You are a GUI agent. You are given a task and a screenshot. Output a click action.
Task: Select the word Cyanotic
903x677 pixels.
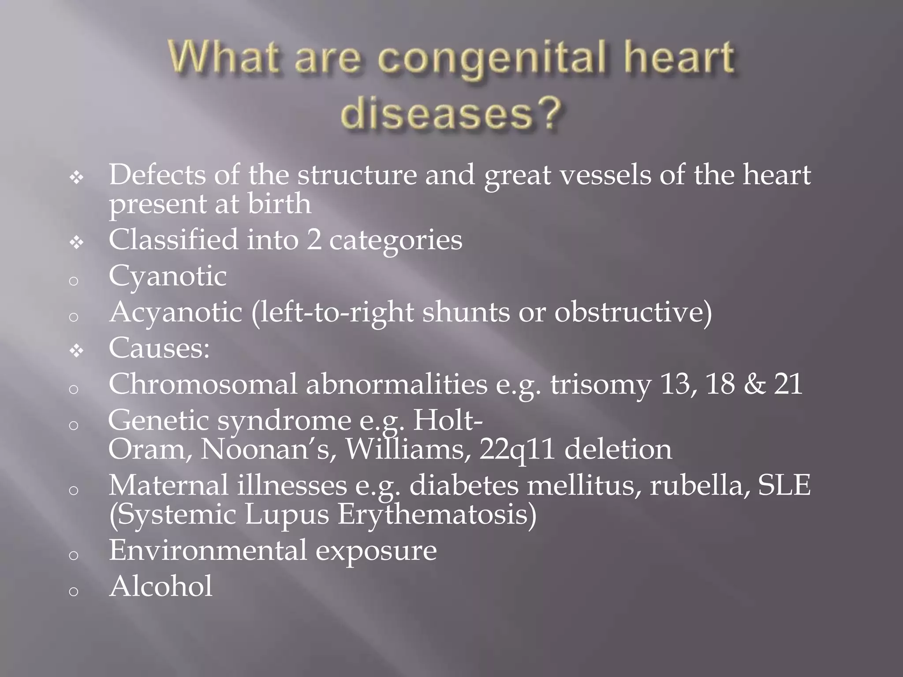point(168,277)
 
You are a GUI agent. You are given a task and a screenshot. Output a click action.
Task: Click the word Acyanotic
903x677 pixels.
point(175,313)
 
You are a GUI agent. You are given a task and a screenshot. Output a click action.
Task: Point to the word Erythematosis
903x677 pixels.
point(437,515)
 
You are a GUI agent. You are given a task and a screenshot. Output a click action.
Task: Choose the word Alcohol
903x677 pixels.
point(161,587)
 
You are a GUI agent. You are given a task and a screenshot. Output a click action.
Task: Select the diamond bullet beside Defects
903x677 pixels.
point(77,178)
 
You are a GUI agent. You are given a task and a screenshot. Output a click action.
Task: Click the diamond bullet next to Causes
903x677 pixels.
point(77,351)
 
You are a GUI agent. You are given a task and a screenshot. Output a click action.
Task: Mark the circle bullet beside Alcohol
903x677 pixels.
point(74,591)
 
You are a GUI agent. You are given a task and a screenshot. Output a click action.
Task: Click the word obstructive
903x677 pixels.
point(633,313)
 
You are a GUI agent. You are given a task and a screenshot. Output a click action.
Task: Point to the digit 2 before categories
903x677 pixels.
point(314,241)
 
